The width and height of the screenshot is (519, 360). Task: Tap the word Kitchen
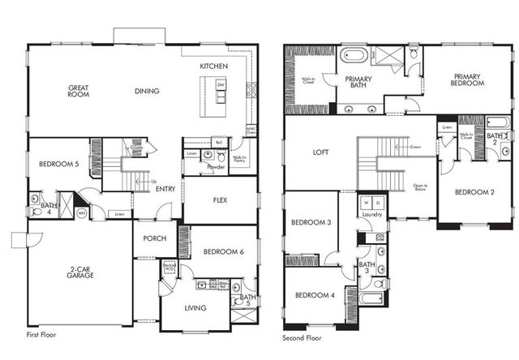[x=214, y=66]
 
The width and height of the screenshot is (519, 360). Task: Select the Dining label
[x=147, y=91]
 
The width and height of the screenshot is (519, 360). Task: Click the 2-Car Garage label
[x=80, y=272]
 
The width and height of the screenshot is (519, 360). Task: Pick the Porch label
[x=154, y=238]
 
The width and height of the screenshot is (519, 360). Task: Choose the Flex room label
[x=219, y=199]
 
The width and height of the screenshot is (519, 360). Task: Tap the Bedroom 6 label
[x=218, y=252]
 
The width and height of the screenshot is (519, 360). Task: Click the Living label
[x=195, y=307]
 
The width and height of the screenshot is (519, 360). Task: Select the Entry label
[x=165, y=189]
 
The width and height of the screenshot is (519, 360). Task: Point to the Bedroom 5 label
[x=58, y=164]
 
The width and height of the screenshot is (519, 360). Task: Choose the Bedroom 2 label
[x=474, y=192]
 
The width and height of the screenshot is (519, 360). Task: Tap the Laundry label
[x=373, y=216]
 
